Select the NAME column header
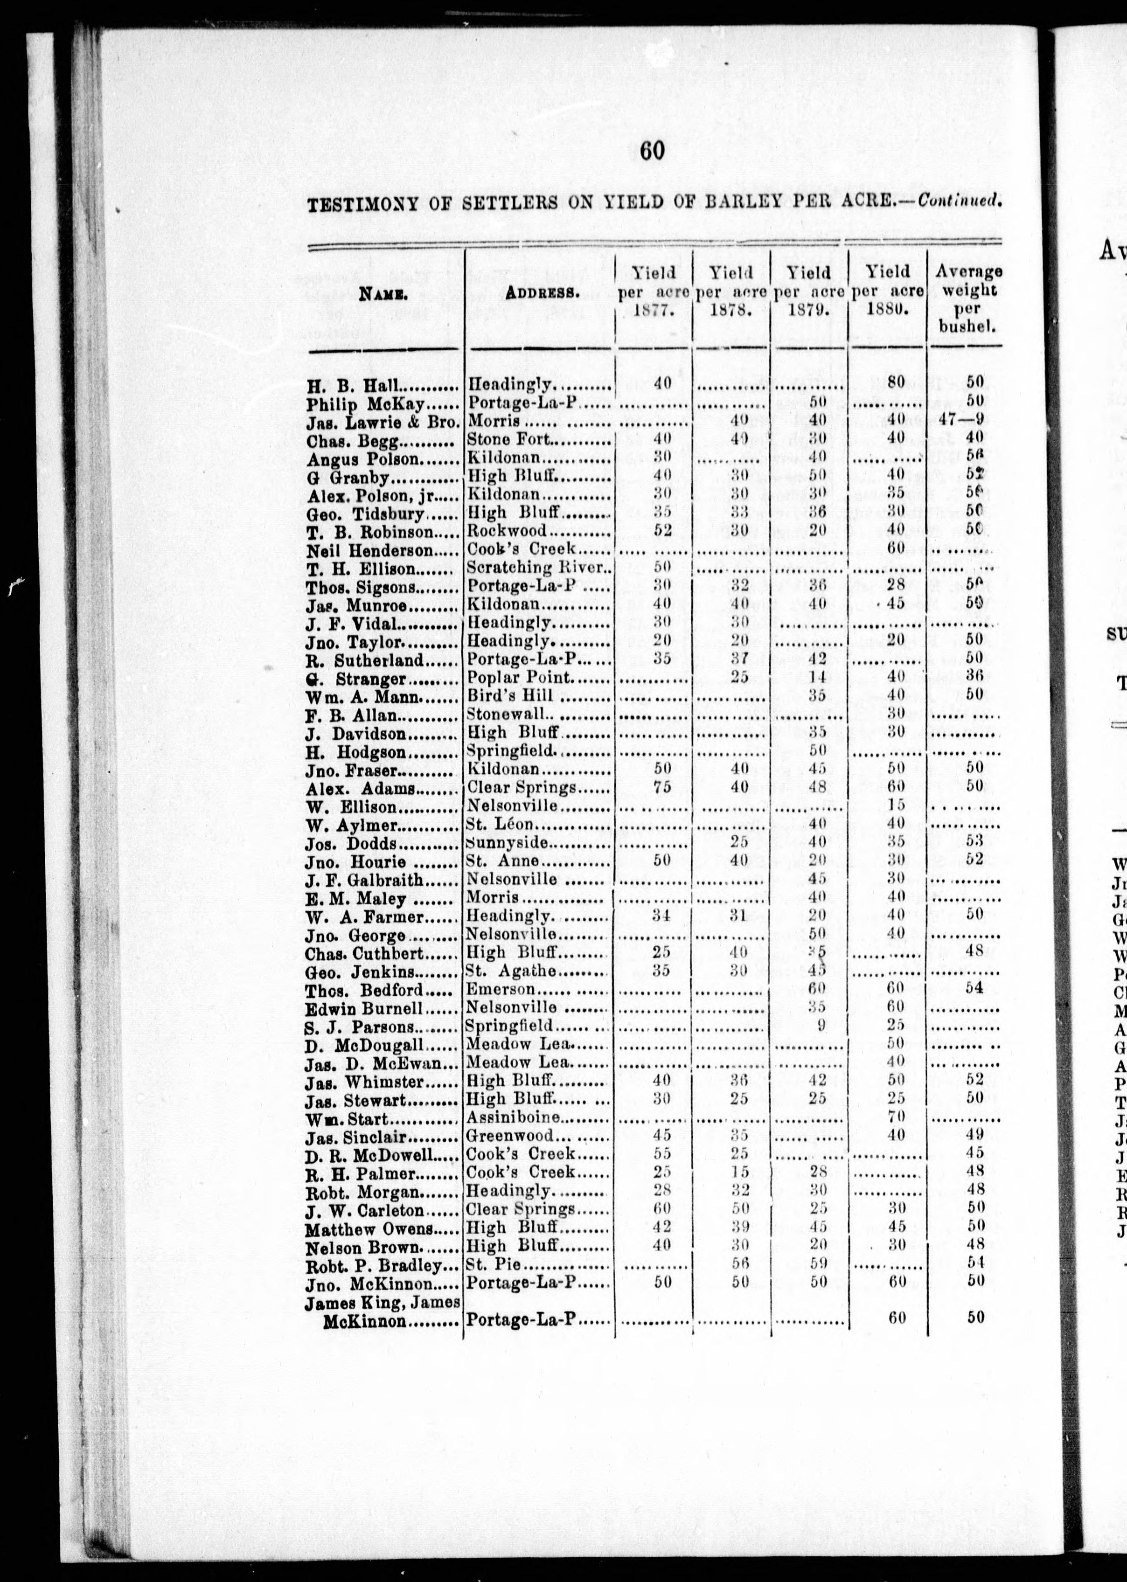tap(383, 293)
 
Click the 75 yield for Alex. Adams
tap(662, 786)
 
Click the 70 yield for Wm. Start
tap(896, 1118)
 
